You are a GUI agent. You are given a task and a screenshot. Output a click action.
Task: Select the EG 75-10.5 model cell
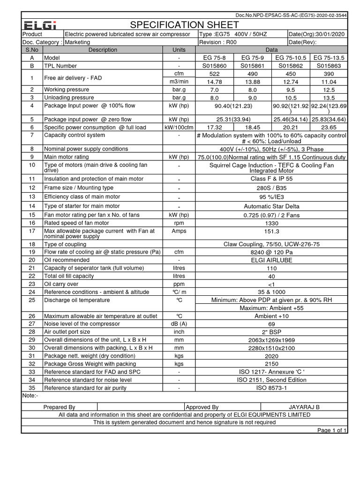291,57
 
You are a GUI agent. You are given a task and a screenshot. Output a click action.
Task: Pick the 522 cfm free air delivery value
214,74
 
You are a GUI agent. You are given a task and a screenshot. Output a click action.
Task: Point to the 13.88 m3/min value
252,82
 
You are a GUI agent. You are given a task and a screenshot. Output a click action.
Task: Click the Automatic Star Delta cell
271,206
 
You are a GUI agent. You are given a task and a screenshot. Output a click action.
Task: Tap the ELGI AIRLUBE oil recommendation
271,260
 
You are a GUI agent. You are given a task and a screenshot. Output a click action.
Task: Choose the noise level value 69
271,324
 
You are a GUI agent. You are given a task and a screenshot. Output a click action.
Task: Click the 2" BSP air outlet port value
271,332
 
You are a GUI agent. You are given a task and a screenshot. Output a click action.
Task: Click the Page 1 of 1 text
332,430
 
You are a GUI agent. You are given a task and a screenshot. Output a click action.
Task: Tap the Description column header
103,50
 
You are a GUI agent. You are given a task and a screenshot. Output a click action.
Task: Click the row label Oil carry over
61,284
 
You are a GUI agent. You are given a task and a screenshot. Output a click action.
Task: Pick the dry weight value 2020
271,356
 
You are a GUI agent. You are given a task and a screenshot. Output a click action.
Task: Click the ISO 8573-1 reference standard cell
271,388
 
